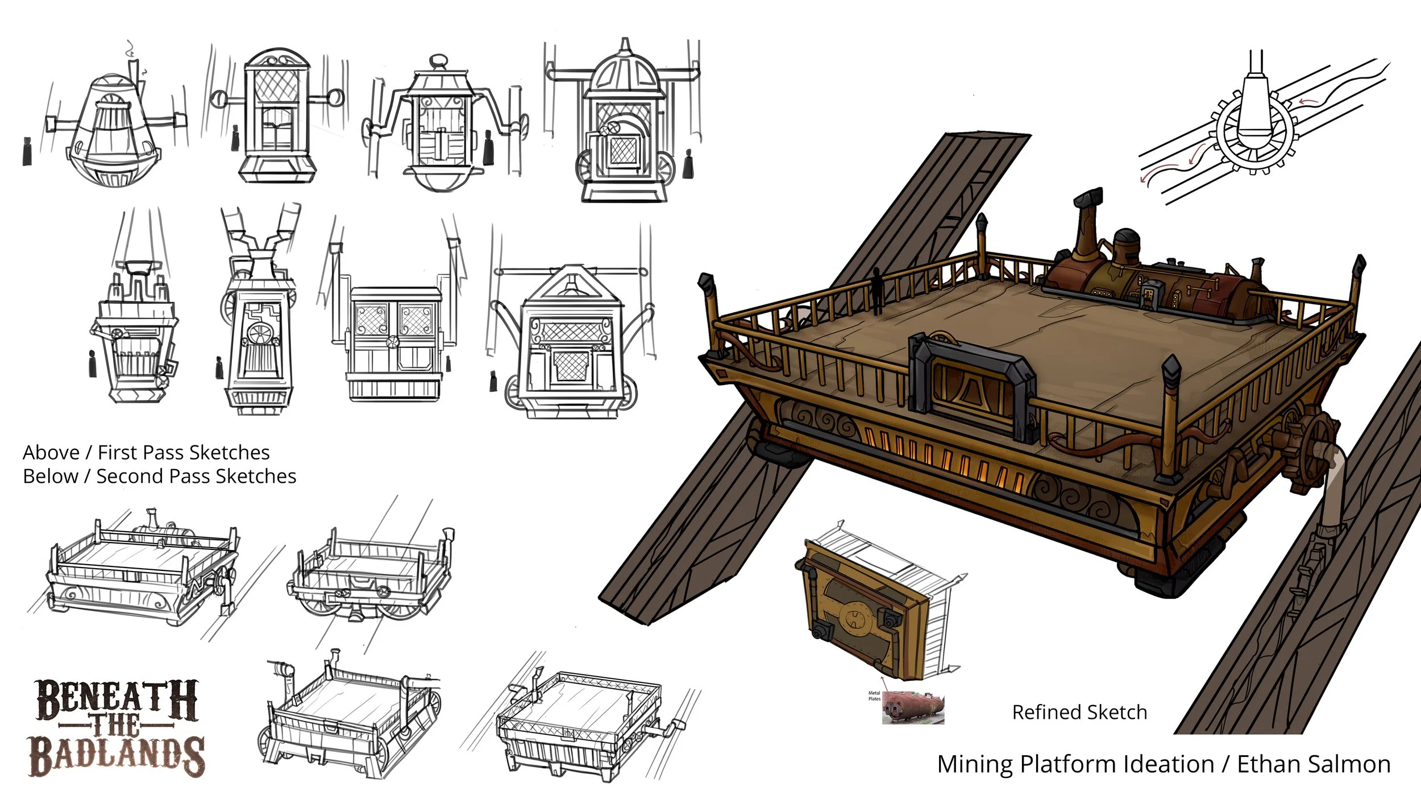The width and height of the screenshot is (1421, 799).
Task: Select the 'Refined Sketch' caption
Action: pos(1079,712)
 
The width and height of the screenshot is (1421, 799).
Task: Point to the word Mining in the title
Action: pos(975,764)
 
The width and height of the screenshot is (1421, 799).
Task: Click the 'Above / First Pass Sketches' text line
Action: pos(146,452)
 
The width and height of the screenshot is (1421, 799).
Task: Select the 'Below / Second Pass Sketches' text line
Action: pos(159,476)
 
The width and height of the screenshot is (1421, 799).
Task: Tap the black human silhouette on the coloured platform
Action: pos(878,291)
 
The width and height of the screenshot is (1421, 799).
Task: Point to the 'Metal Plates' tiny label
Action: pos(874,695)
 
